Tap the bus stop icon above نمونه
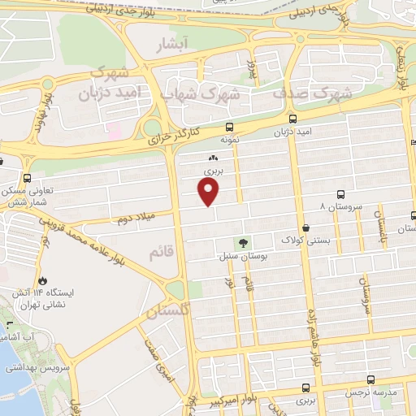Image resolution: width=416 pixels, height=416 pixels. tap(229, 126)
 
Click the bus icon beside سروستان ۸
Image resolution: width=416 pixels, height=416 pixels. tap(340, 194)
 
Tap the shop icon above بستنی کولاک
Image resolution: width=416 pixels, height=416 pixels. tap(305, 228)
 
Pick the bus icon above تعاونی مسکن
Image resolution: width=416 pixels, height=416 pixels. tap(28, 178)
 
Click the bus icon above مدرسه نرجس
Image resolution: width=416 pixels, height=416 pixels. tap(370, 379)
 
